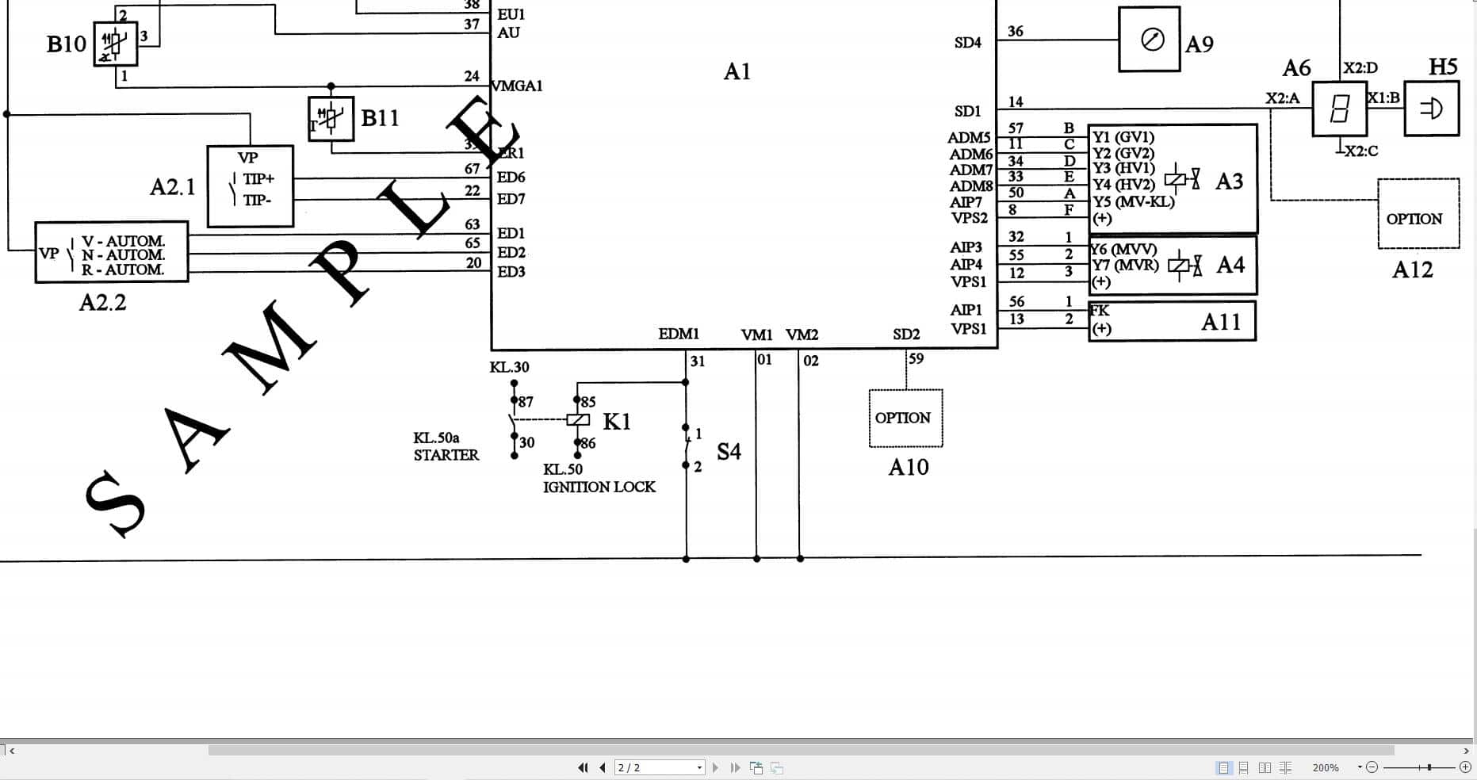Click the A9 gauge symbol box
coord(1149,39)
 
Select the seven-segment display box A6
coord(1339,109)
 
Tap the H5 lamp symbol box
coord(1431,108)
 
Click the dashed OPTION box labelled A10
coord(905,418)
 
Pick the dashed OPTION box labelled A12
coord(1418,214)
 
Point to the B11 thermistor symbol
coord(331,119)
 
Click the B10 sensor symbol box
coord(115,44)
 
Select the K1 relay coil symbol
coord(578,420)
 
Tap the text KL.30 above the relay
coord(509,367)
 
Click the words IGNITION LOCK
coord(599,487)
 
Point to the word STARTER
coord(446,455)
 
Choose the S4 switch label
coord(729,452)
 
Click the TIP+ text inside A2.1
coord(258,179)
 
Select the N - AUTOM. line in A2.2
coord(123,255)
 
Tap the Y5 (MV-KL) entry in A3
coord(1134,201)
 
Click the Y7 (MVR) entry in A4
coord(1125,265)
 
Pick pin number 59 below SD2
coord(916,358)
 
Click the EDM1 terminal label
coord(679,334)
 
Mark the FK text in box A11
coord(1100,310)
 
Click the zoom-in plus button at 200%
coord(1465,767)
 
